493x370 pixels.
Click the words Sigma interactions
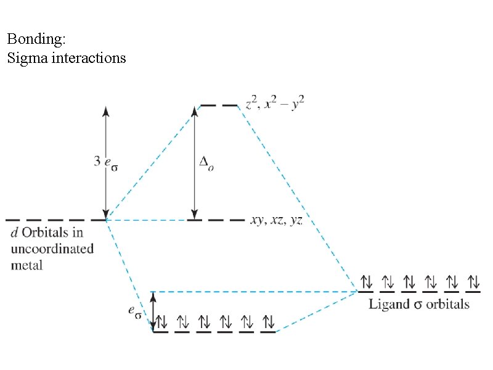(x=67, y=59)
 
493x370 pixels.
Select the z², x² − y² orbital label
(x=275, y=105)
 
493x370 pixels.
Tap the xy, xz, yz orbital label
(x=276, y=220)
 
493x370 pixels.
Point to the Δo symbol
(x=208, y=164)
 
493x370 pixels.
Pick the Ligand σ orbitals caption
(x=419, y=304)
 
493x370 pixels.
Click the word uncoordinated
(x=53, y=249)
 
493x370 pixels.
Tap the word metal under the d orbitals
(x=27, y=265)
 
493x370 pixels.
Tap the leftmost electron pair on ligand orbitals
(x=366, y=283)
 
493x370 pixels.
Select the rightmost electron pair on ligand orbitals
(x=473, y=283)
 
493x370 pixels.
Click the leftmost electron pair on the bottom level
(x=161, y=321)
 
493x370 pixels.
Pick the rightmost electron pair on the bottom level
(x=268, y=321)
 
